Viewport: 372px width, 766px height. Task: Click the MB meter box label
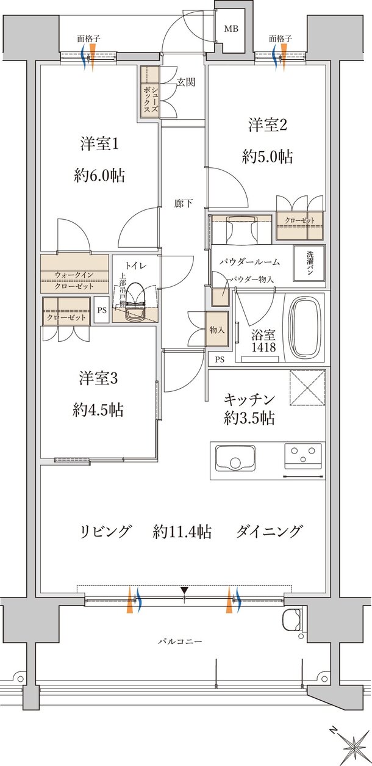tap(231, 29)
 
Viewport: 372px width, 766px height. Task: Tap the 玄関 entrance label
tap(186, 82)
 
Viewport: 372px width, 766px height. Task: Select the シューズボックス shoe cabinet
tap(150, 92)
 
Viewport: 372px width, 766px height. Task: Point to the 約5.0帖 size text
tap(266, 157)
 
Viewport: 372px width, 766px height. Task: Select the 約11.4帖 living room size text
tap(182, 532)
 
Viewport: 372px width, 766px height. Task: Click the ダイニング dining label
tap(269, 532)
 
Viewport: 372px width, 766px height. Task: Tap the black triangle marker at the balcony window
tap(185, 590)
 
